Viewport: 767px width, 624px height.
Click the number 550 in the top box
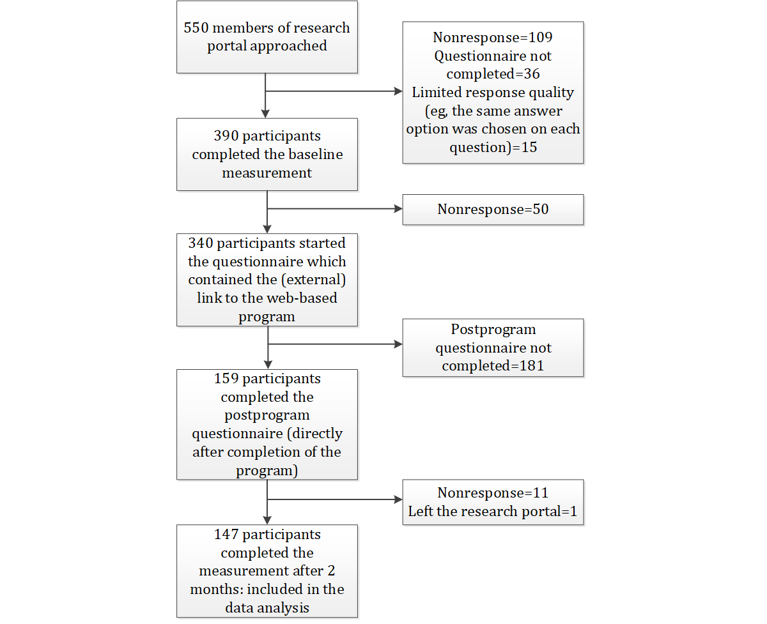[x=196, y=27]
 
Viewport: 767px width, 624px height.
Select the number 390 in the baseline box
[x=226, y=135]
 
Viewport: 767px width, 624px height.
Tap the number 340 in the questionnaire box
[x=201, y=243]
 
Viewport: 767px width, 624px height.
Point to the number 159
[x=226, y=379]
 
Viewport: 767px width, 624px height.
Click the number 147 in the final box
[x=226, y=535]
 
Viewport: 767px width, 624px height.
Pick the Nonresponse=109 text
[x=493, y=38]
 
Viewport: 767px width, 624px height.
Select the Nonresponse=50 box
[x=493, y=209]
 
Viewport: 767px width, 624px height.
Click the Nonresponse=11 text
[x=493, y=493]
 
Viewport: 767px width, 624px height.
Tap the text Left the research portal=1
[x=493, y=512]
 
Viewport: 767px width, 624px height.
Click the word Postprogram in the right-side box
[x=493, y=330]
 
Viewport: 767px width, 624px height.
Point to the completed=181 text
[x=493, y=366]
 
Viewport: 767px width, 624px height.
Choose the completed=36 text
[x=493, y=74]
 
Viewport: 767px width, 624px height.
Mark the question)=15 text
[x=493, y=148]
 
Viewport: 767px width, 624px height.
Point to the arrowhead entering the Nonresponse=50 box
[x=398, y=209]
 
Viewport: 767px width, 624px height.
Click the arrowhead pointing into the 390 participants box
[x=265, y=114]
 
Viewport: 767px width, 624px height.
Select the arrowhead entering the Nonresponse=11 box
[x=398, y=499]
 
